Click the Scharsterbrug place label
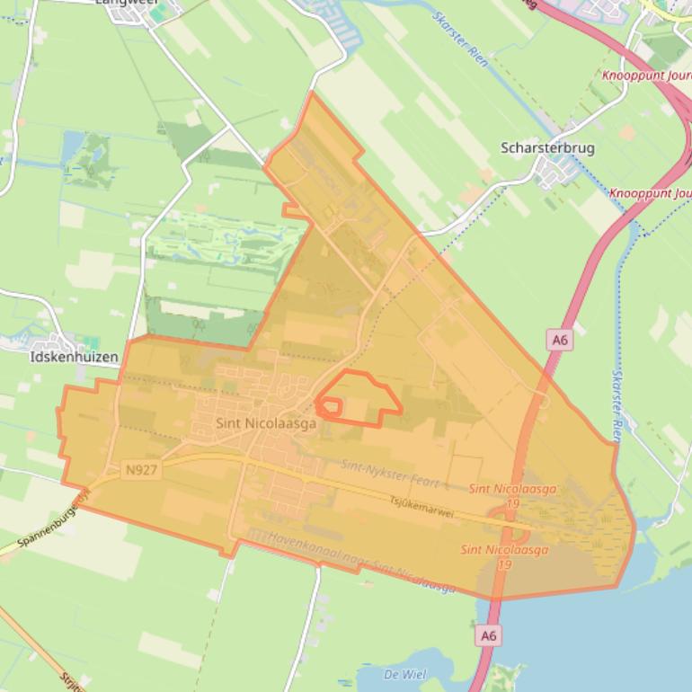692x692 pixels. (547, 148)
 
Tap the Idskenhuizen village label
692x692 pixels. (74, 357)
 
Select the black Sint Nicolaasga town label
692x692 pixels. (266, 423)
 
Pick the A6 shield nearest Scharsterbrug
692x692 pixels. (560, 340)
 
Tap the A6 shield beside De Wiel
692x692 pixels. (488, 635)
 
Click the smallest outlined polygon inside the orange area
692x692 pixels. (329, 408)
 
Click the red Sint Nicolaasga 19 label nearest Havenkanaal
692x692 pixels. (486, 557)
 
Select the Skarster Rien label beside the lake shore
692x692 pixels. (617, 404)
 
